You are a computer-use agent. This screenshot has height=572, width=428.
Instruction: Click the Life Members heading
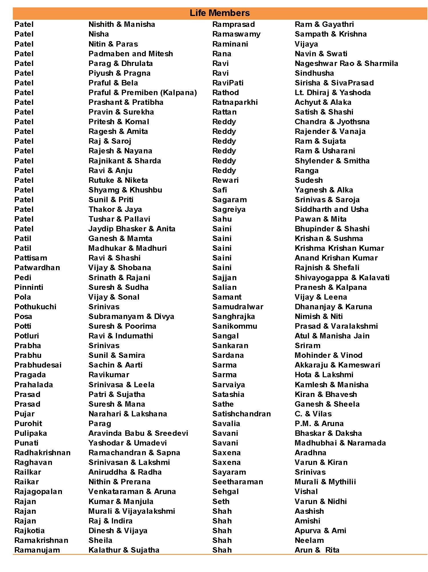coord(219,13)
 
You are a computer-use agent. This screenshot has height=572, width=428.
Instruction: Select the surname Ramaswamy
coord(236,34)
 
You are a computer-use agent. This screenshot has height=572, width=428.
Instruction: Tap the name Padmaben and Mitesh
coord(131,54)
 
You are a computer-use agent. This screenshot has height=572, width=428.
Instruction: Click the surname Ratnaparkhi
coord(235,102)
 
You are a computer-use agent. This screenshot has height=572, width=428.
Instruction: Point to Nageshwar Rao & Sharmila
coord(346,63)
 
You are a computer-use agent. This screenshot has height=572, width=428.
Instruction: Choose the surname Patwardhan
coord(37,268)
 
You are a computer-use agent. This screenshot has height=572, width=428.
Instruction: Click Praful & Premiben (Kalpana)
coord(143,93)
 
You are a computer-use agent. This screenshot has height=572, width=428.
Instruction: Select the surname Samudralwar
coord(238,307)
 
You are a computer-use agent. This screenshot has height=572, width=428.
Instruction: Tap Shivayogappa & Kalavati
coord(342,278)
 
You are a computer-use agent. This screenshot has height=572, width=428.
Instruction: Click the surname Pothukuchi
coord(35,307)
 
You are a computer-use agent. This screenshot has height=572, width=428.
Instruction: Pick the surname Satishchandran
coord(241,414)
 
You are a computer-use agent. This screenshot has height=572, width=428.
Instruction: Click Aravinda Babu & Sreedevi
coord(138,433)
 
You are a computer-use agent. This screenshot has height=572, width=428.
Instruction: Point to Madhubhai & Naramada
coord(340,443)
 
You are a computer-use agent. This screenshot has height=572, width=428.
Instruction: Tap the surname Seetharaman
coord(238,482)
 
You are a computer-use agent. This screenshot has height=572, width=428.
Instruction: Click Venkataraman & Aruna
coord(132,491)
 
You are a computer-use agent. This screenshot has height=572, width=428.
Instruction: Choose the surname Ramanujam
coord(37,550)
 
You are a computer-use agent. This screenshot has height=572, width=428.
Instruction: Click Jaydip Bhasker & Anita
coord(132,229)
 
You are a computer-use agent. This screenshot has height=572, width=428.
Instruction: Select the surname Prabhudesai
coord(38,365)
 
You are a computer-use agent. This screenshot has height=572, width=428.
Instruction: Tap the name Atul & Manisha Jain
coord(332,336)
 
